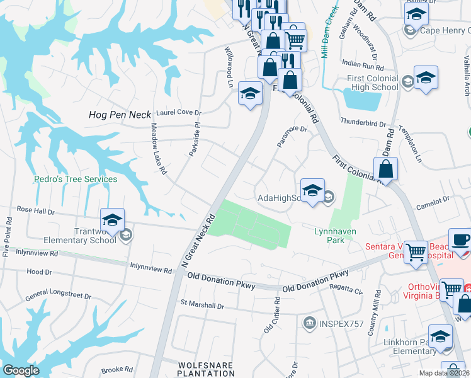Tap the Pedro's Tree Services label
click(x=75, y=179)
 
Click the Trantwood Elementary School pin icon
click(x=112, y=220)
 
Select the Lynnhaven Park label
click(x=335, y=236)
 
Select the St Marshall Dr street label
click(x=203, y=306)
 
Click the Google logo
click(x=21, y=370)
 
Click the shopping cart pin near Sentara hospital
click(x=416, y=252)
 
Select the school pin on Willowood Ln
click(x=250, y=95)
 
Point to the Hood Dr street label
click(x=39, y=272)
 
